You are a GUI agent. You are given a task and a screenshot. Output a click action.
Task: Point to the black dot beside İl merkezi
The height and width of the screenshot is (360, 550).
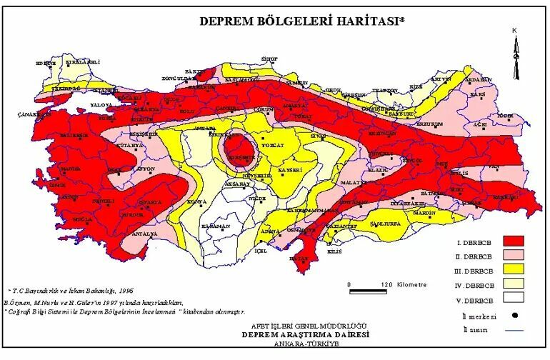click(514, 315)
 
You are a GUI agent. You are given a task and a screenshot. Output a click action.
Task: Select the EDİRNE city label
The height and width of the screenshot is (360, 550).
click(45, 63)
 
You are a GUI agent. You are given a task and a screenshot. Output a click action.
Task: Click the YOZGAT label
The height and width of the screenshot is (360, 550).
click(274, 145)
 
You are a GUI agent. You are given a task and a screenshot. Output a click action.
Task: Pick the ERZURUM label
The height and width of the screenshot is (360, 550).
click(429, 123)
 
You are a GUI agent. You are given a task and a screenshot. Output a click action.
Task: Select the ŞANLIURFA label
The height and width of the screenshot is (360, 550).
click(382, 223)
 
